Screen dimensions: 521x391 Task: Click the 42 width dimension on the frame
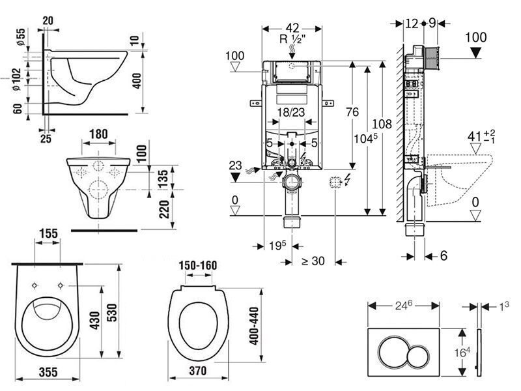click(292, 27)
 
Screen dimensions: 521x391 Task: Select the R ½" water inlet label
click(292, 39)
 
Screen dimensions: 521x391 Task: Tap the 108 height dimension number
click(382, 124)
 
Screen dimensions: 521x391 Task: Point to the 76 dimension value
click(352, 111)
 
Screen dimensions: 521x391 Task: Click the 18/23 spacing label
click(291, 112)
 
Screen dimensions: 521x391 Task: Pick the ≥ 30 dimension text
click(313, 261)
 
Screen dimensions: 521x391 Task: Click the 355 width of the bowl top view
click(48, 371)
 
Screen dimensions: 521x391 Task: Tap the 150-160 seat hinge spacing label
click(198, 265)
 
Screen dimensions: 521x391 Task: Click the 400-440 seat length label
click(253, 326)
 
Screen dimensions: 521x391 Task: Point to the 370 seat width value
click(198, 370)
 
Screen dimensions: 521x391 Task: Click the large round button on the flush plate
click(395, 353)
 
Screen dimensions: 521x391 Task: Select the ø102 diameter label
click(16, 79)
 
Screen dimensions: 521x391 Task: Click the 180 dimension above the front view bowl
click(99, 134)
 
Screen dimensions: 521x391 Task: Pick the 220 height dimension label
click(164, 209)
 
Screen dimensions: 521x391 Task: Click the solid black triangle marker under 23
click(235, 177)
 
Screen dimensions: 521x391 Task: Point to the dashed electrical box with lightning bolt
click(335, 182)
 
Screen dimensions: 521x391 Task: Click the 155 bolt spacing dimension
click(48, 233)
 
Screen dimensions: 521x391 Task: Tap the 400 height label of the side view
click(137, 81)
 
